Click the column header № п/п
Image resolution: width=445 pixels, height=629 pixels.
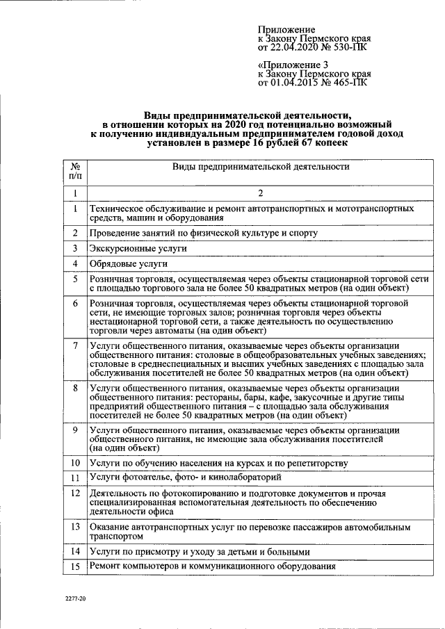coord(75,172)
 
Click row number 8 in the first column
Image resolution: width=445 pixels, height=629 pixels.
coord(75,387)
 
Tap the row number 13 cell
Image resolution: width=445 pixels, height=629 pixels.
coord(75,526)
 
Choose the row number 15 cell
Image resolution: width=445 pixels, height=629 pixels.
coord(75,567)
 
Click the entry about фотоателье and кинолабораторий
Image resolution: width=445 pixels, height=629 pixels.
coord(185,477)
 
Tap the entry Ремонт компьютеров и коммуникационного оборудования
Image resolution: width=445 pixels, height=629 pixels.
coord(213,566)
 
